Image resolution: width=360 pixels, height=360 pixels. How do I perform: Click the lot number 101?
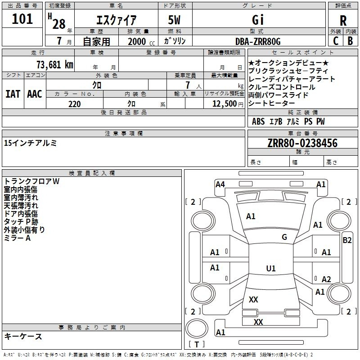pyautogui.click(x=22, y=19)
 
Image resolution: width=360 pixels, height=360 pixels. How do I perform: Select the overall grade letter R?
pyautogui.click(x=343, y=21)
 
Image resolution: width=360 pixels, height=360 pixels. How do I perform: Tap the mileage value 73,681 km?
pyautogui.click(x=55, y=65)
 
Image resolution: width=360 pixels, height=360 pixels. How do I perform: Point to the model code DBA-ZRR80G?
pyautogui.click(x=258, y=41)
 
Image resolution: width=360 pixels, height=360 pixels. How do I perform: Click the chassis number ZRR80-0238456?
pyautogui.click(x=302, y=143)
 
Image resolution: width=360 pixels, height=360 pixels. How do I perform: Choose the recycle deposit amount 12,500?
pyautogui.click(x=224, y=104)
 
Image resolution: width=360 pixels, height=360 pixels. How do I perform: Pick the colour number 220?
pyautogui.click(x=74, y=104)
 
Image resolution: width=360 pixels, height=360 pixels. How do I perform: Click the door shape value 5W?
pyautogui.click(x=174, y=20)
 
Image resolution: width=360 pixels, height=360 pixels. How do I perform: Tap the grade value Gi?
pyautogui.click(x=258, y=20)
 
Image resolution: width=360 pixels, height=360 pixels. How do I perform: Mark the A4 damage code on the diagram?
pyautogui.click(x=220, y=184)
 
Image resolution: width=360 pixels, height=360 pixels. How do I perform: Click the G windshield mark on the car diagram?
pyautogui.click(x=284, y=237)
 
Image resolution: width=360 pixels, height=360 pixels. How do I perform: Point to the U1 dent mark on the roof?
pyautogui.click(x=271, y=268)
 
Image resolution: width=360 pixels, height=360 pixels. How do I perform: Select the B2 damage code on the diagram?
pyautogui.click(x=347, y=240)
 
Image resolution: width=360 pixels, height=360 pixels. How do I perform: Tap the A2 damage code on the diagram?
pyautogui.click(x=326, y=279)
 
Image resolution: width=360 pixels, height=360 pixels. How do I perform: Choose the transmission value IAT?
pyautogui.click(x=13, y=94)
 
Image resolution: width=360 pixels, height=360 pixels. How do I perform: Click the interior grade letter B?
pyautogui.click(x=350, y=41)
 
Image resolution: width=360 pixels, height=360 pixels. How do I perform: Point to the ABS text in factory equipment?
pyautogui.click(x=258, y=121)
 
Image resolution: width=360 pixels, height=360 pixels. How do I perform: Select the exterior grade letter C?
pyautogui.click(x=336, y=41)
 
